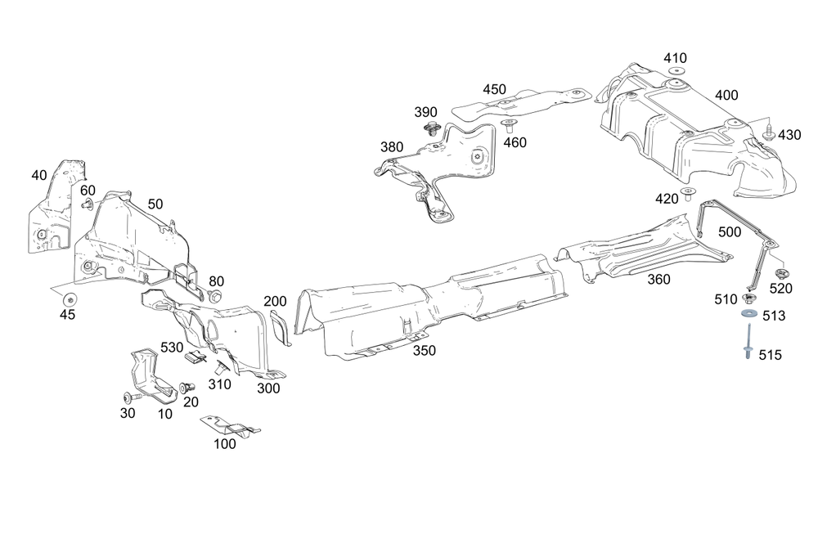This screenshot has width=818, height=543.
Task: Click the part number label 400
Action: click(726, 95)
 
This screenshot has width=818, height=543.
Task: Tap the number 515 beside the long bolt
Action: click(770, 355)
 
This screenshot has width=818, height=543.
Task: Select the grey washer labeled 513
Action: click(748, 314)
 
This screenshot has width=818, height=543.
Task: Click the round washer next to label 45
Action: click(69, 298)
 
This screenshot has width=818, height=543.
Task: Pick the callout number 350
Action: click(424, 350)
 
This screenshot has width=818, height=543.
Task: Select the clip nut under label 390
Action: click(431, 127)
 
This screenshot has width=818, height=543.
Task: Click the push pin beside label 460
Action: click(509, 125)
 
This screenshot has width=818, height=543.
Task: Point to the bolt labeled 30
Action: click(131, 397)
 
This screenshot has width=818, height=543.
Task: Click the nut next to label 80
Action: click(215, 295)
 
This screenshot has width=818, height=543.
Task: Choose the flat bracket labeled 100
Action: click(230, 426)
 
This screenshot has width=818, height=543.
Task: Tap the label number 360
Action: click(658, 280)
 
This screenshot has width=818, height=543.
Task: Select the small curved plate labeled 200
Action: click(279, 326)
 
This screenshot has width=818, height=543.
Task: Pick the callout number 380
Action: click(391, 147)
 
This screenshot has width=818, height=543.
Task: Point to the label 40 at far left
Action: click(39, 175)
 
